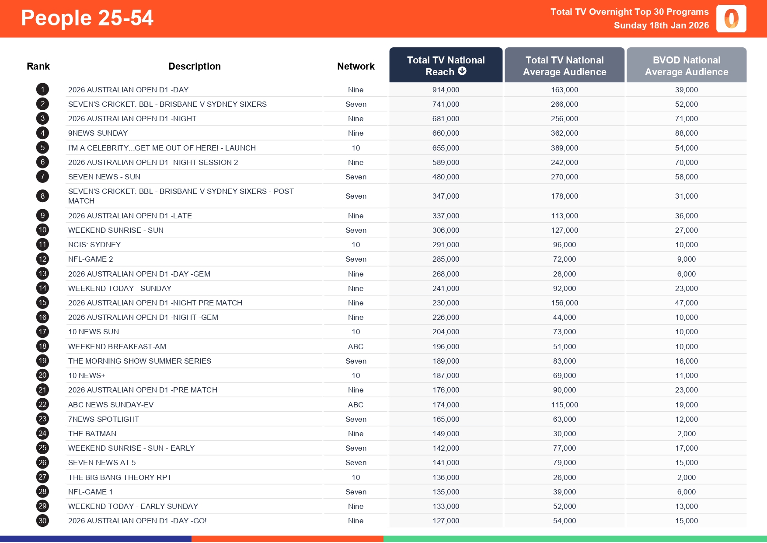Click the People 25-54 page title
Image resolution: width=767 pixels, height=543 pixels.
[87, 18]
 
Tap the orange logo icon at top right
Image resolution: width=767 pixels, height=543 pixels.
[731, 19]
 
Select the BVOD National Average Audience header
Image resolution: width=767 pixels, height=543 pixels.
[686, 66]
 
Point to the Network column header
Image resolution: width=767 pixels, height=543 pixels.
[356, 67]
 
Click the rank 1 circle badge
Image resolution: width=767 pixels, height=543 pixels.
[42, 90]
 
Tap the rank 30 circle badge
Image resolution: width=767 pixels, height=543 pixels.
[42, 521]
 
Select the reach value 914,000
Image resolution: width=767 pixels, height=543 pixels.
[446, 90]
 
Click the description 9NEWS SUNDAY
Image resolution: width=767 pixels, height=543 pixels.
[98, 133]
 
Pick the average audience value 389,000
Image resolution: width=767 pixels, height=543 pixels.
[564, 148]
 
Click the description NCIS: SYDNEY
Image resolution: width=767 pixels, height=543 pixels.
[94, 245]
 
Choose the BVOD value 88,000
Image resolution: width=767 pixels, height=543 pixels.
[686, 133]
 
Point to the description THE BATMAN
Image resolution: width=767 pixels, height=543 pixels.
[92, 434]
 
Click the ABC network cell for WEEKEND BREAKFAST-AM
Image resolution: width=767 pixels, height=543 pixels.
[356, 347]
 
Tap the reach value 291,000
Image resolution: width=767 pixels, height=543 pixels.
[446, 245]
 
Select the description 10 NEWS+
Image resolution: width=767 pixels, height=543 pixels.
[87, 375]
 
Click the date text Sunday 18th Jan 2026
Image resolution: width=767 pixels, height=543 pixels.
[661, 25]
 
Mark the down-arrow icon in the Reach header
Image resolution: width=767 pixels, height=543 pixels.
[462, 71]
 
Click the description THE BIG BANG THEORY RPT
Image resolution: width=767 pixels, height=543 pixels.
[120, 477]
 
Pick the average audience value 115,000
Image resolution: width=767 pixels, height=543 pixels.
[564, 405]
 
